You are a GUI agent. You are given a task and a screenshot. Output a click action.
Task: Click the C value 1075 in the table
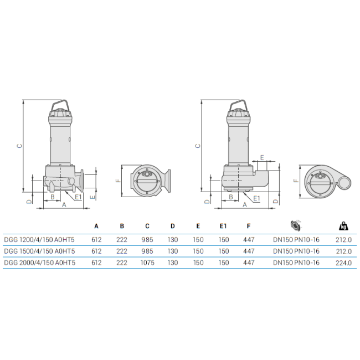point(147,263)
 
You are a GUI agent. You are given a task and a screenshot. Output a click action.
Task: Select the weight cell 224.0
point(343,263)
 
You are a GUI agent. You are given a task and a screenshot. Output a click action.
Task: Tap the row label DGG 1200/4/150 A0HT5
point(39,240)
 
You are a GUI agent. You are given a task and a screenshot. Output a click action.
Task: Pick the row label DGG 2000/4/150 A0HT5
point(39,263)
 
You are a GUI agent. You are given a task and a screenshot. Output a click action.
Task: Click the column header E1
point(223,226)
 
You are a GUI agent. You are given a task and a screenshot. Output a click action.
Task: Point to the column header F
point(249,226)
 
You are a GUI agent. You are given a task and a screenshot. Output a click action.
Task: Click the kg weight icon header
point(343,225)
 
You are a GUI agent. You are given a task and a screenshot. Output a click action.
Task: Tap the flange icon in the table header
point(296,225)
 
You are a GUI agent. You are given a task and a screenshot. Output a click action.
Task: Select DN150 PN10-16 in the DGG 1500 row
point(296,251)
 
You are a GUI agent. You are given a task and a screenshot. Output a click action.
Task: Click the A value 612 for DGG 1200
point(96,240)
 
